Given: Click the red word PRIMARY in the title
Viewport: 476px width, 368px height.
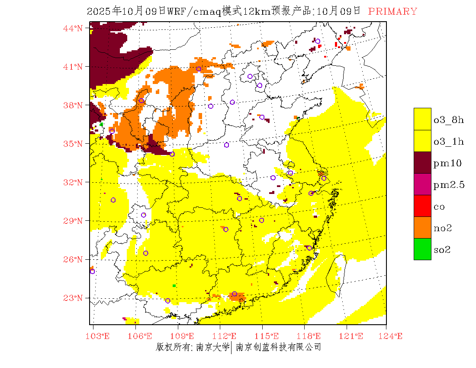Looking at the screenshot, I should [x=392, y=12].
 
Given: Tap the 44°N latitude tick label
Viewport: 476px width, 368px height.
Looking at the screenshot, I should [x=73, y=28].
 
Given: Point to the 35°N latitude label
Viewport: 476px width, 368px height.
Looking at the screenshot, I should [x=73, y=144].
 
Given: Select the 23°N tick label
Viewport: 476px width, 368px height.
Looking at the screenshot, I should [x=73, y=298].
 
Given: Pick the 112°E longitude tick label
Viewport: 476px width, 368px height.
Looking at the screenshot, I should [x=227, y=336].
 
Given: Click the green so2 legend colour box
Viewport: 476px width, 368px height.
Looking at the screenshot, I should [x=422, y=249].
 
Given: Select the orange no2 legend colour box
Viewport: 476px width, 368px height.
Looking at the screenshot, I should [x=422, y=227].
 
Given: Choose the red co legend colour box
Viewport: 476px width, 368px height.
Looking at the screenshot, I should [x=422, y=206].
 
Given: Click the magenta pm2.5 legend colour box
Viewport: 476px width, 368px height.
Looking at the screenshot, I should [x=422, y=184].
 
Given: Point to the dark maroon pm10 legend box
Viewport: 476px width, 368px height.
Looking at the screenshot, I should [x=422, y=162].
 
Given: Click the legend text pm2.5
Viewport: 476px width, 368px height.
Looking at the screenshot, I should [x=449, y=185].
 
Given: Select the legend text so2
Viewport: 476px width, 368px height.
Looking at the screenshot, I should [x=442, y=250].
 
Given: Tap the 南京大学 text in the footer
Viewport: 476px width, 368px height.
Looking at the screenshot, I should [x=212, y=347].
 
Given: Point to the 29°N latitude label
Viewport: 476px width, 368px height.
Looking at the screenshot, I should [x=73, y=221].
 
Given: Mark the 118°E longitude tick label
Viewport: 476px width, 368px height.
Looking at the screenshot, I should [x=312, y=336].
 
